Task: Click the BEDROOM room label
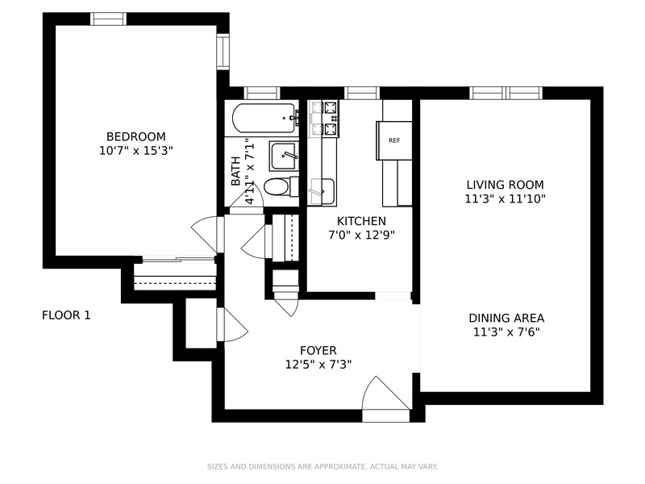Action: point(135,136)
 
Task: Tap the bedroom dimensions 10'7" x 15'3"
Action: point(135,151)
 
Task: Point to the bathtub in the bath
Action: point(264,118)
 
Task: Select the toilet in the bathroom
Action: point(281,187)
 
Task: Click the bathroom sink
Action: point(283,156)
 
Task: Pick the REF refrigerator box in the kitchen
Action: point(394,140)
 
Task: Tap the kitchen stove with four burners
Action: point(325,119)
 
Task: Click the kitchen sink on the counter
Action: point(322,191)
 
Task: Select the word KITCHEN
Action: point(361,221)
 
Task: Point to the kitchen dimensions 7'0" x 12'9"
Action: point(361,235)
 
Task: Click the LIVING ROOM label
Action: point(506,185)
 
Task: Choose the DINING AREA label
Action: point(506,318)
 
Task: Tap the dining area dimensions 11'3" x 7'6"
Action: point(506,332)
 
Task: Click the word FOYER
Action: point(318,350)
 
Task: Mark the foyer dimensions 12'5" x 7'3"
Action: point(318,365)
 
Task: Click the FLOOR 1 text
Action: point(66,315)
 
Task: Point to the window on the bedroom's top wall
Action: point(108,19)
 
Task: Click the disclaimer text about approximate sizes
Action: point(322,466)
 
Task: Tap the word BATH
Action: point(235,171)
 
